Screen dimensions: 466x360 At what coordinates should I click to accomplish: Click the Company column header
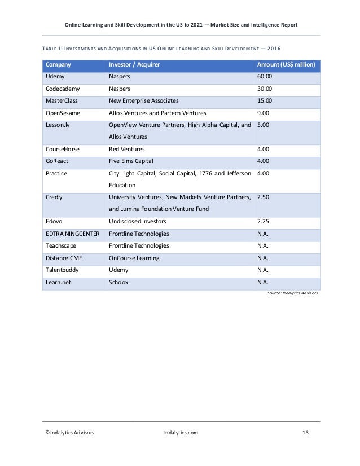pyautogui.click(x=58, y=65)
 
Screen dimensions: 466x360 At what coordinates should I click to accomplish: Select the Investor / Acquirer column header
pyautogui.click(x=134, y=65)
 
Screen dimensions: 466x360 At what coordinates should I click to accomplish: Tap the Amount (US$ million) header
pyautogui.click(x=286, y=65)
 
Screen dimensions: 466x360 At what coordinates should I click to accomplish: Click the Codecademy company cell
pyautogui.click(x=64, y=89)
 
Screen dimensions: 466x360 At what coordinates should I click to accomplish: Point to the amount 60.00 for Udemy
pyautogui.click(x=265, y=77)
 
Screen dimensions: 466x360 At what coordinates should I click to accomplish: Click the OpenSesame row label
pyautogui.click(x=63, y=113)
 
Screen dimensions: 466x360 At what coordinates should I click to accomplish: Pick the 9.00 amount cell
pyautogui.click(x=263, y=113)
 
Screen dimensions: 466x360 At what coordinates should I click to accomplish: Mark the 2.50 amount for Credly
pyautogui.click(x=263, y=197)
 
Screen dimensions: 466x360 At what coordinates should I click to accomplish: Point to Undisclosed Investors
pyautogui.click(x=138, y=221)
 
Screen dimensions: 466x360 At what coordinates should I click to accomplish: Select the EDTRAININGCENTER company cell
pyautogui.click(x=72, y=234)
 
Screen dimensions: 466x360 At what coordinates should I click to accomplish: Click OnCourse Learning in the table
pyautogui.click(x=134, y=258)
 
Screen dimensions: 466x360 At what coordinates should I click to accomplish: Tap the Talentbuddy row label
pyautogui.click(x=62, y=270)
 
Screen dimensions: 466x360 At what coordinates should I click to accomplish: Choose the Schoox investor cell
pyautogui.click(x=118, y=282)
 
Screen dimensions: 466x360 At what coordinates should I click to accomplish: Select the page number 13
pyautogui.click(x=305, y=433)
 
